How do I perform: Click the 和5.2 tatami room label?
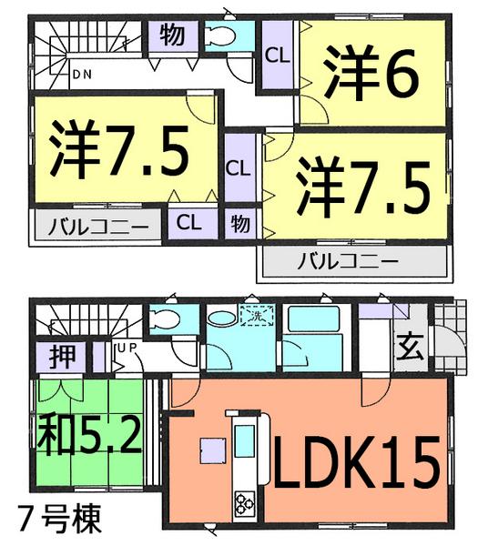click(87, 436)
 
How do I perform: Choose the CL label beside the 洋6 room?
click(277, 55)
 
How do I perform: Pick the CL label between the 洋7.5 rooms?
click(238, 168)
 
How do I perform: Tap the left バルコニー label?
click(97, 224)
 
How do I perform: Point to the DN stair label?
click(82, 74)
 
